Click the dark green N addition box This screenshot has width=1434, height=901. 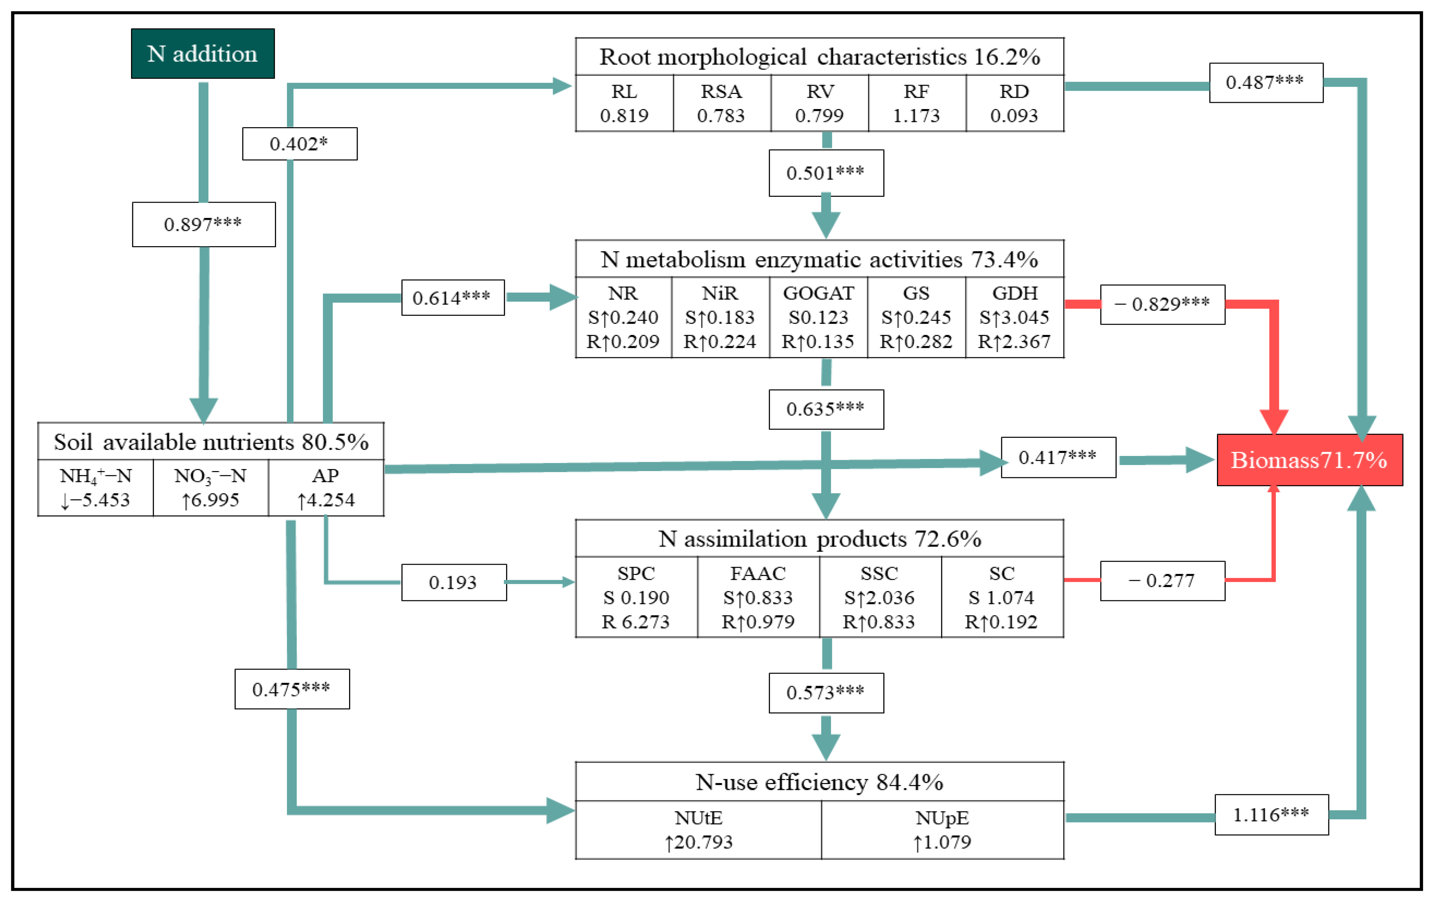(x=202, y=53)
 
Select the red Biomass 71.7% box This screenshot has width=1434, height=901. (x=1309, y=460)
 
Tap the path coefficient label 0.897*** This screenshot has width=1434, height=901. (x=204, y=225)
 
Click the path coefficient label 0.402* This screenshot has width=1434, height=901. (x=300, y=144)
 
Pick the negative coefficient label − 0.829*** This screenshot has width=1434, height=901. (x=1162, y=304)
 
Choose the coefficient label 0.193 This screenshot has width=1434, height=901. (x=453, y=582)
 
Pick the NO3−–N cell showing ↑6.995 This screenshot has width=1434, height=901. (x=210, y=488)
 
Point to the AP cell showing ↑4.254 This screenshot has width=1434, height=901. (x=326, y=488)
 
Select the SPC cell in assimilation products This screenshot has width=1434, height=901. (x=636, y=597)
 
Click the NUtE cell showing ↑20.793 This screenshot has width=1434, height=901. (x=698, y=830)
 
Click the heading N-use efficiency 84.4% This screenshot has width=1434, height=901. (x=820, y=782)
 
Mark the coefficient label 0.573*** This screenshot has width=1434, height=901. (x=826, y=693)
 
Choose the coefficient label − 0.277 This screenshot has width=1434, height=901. (x=1162, y=581)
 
